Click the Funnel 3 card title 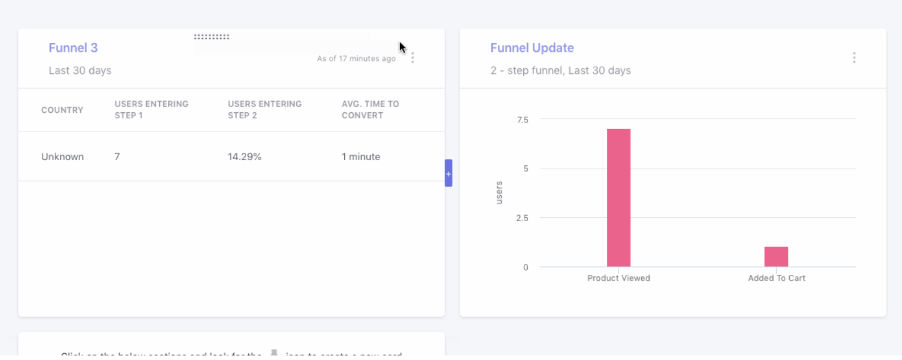point(73,48)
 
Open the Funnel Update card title point(532,48)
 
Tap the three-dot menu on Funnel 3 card point(413,58)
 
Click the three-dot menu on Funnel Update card point(854,58)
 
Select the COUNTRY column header point(62,110)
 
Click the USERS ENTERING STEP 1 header point(151,109)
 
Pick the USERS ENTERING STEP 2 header point(265,109)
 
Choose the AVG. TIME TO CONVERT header point(370,109)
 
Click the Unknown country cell point(62,157)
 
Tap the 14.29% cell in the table point(244,157)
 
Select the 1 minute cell point(361,157)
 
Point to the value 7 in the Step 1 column point(117,157)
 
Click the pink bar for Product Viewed point(619,197)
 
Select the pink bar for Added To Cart point(776,257)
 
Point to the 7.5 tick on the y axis point(523,120)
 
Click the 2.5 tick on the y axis point(522,218)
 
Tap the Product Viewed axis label point(619,278)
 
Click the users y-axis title point(499,192)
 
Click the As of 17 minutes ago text point(356,59)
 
